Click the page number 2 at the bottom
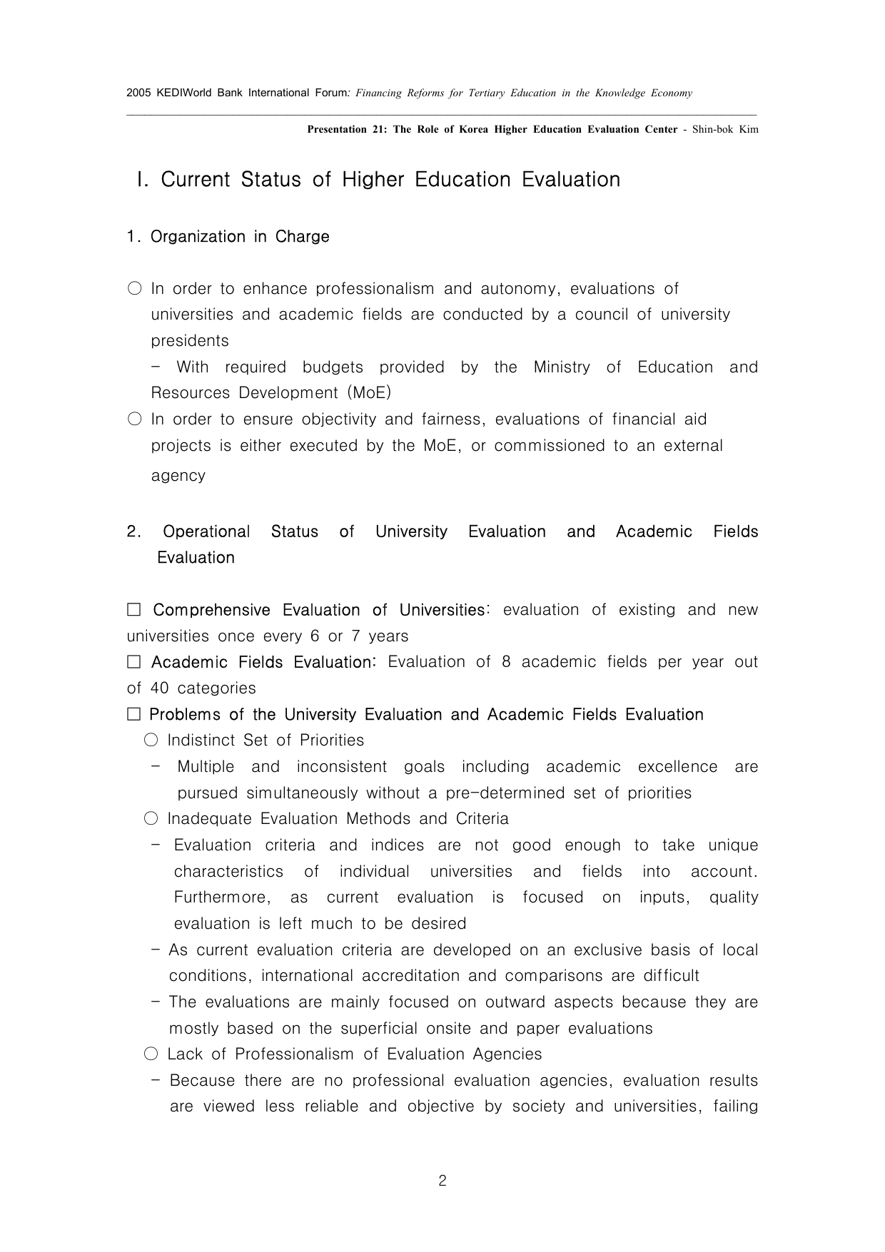click(442, 1181)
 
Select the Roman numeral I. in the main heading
click(143, 179)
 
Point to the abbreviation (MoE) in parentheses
click(370, 393)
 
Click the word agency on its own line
click(178, 476)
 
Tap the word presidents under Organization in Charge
click(190, 341)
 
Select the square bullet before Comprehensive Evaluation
click(134, 610)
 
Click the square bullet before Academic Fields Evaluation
click(134, 662)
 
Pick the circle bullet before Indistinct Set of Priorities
click(151, 740)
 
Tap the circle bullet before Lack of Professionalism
click(151, 1054)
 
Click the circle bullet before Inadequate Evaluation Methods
click(151, 819)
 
